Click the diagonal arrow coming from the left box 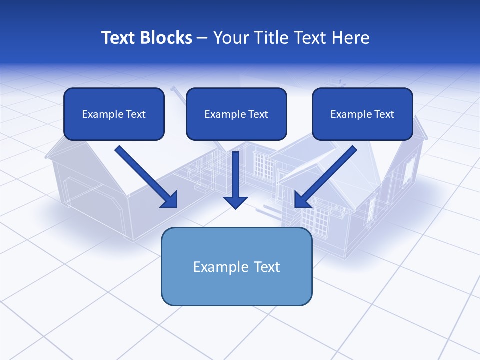tap(145, 176)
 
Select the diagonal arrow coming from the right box tap(326, 176)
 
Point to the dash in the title tap(202, 38)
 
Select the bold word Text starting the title tap(118, 38)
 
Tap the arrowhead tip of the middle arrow tap(235, 207)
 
